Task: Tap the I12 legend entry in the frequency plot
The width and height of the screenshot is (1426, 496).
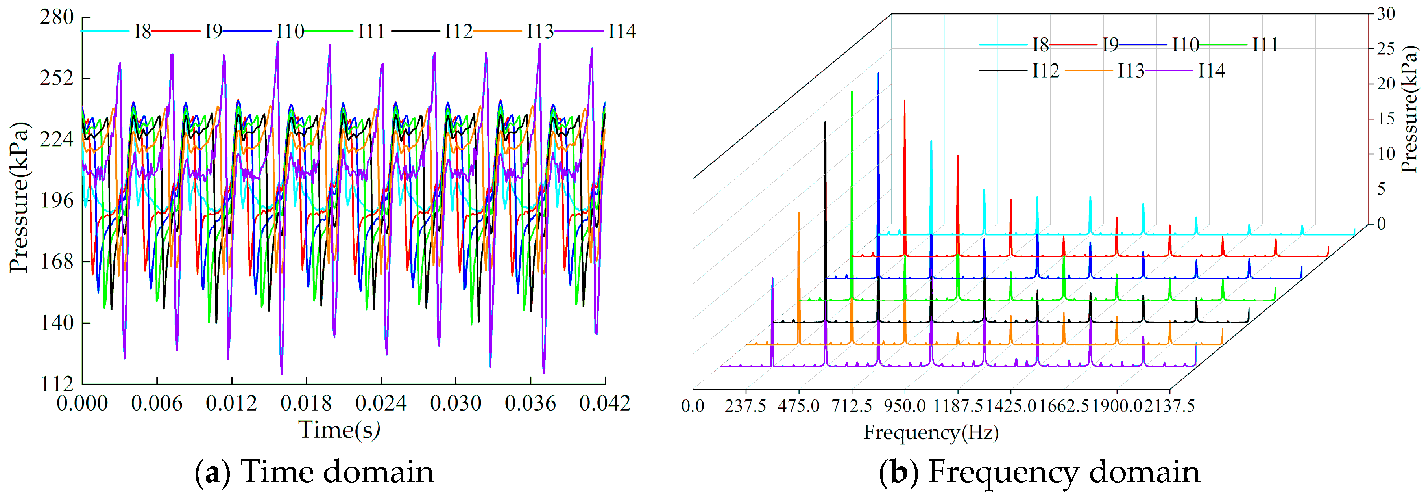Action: [x=1045, y=71]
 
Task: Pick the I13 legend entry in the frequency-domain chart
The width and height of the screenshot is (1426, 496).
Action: [x=1130, y=71]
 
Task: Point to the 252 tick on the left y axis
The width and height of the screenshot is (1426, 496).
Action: [x=56, y=78]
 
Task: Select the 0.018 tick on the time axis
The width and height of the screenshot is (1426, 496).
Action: [x=306, y=403]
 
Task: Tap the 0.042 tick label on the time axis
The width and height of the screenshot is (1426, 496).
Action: [x=604, y=403]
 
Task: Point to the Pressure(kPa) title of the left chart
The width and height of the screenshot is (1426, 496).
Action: [x=19, y=197]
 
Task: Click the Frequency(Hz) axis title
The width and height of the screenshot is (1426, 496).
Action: [x=931, y=432]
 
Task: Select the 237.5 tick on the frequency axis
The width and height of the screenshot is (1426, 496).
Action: [x=746, y=406]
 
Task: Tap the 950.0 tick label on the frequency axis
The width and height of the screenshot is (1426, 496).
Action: [x=905, y=406]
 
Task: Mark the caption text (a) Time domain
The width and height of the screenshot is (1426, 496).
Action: [x=314, y=472]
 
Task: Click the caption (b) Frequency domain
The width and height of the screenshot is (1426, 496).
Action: [x=1039, y=472]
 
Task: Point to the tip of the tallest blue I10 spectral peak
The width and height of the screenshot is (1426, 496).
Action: [x=878, y=73]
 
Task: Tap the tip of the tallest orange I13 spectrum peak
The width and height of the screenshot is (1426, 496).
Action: [x=799, y=213]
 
